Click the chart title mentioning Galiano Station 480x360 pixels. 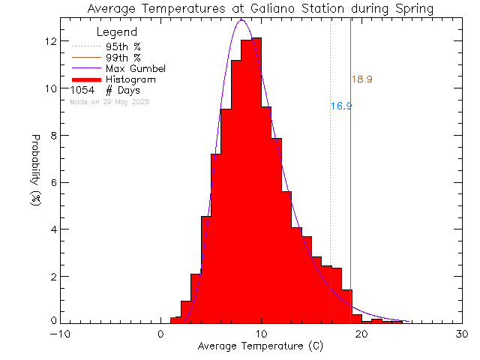259,9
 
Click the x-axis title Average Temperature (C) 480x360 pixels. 259,346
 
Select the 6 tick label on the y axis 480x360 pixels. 51,182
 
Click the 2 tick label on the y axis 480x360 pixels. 51,276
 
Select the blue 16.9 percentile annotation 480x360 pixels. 341,106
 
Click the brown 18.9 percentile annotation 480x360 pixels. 362,79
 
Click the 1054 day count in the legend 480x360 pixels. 82,90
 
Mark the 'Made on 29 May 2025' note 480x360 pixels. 109,101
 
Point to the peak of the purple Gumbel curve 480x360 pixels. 241,20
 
